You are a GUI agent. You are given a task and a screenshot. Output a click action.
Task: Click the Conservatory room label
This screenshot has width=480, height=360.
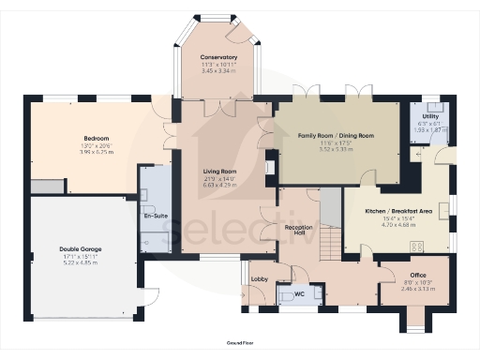click(218, 58)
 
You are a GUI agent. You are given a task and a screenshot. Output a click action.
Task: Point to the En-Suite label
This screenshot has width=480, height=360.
click(155, 217)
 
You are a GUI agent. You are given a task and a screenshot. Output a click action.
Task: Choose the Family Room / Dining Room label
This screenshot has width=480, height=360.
click(336, 136)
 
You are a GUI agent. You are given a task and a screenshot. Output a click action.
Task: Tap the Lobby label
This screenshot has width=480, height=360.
click(260, 279)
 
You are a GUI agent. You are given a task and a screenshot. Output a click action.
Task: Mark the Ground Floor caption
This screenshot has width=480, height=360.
click(240, 345)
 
